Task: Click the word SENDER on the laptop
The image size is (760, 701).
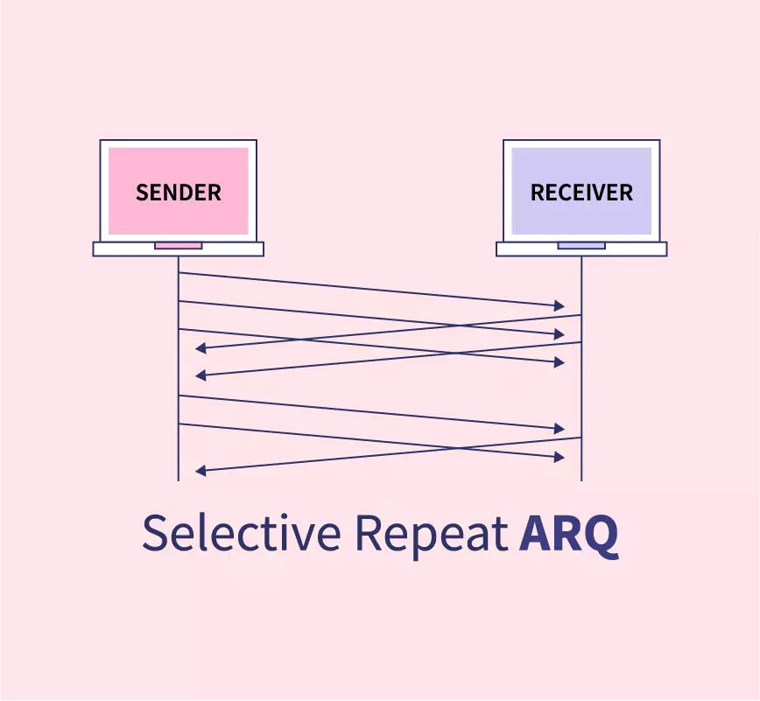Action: pos(178,193)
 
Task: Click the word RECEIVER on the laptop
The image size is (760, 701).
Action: pos(581,193)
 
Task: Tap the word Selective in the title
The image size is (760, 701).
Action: pos(240,533)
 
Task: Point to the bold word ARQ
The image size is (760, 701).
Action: pos(568,533)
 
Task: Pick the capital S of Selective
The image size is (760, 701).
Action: pos(155,533)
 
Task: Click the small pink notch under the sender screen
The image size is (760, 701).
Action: pos(178,246)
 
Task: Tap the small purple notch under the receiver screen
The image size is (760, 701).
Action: pos(581,246)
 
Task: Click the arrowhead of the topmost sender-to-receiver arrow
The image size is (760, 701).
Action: pos(559,305)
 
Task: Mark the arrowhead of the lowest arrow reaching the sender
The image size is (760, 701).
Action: pos(201,471)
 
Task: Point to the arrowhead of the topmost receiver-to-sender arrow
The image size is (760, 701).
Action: pos(201,348)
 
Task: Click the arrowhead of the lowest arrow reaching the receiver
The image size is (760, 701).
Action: pos(559,457)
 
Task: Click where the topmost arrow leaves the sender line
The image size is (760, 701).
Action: pos(179,273)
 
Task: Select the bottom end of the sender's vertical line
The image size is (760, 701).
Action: pos(179,480)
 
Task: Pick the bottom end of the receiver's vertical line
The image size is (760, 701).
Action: pos(581,480)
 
